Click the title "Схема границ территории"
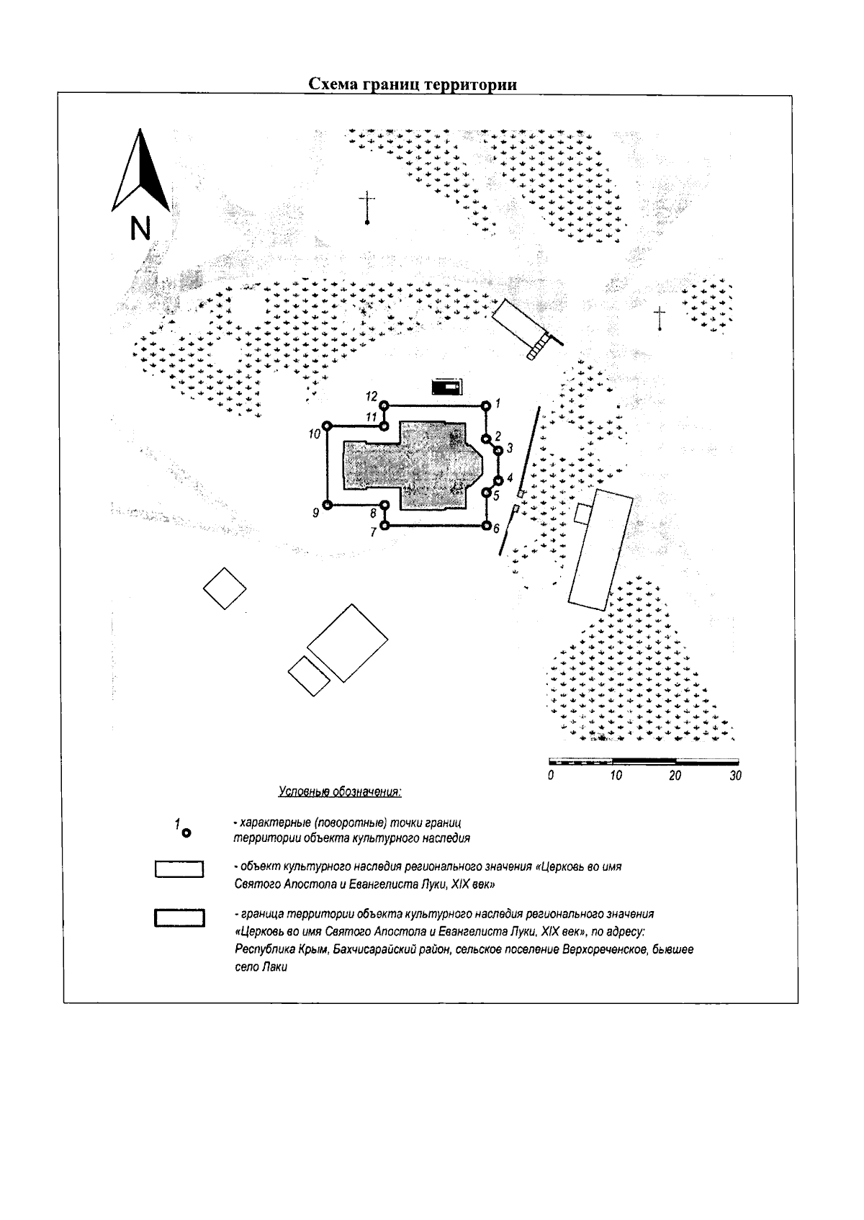pyautogui.click(x=413, y=84)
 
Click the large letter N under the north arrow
pyautogui.click(x=140, y=228)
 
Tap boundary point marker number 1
pyautogui.click(x=486, y=405)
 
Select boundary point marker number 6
pyautogui.click(x=486, y=526)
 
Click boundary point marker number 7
pyautogui.click(x=384, y=526)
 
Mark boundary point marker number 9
pyautogui.click(x=326, y=506)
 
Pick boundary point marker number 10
pyautogui.click(x=326, y=426)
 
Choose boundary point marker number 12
pyautogui.click(x=384, y=405)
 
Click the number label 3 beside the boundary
pyautogui.click(x=510, y=449)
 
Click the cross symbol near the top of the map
pyautogui.click(x=368, y=207)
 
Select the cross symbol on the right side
pyautogui.click(x=659, y=318)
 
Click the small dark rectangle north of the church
pyautogui.click(x=447, y=387)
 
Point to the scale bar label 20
pyautogui.click(x=675, y=776)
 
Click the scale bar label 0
pyautogui.click(x=550, y=776)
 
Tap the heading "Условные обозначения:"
pyautogui.click(x=340, y=792)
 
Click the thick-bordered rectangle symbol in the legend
pyautogui.click(x=179, y=918)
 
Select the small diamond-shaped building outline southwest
pyautogui.click(x=225, y=588)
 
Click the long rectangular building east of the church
pyautogui.click(x=600, y=550)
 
